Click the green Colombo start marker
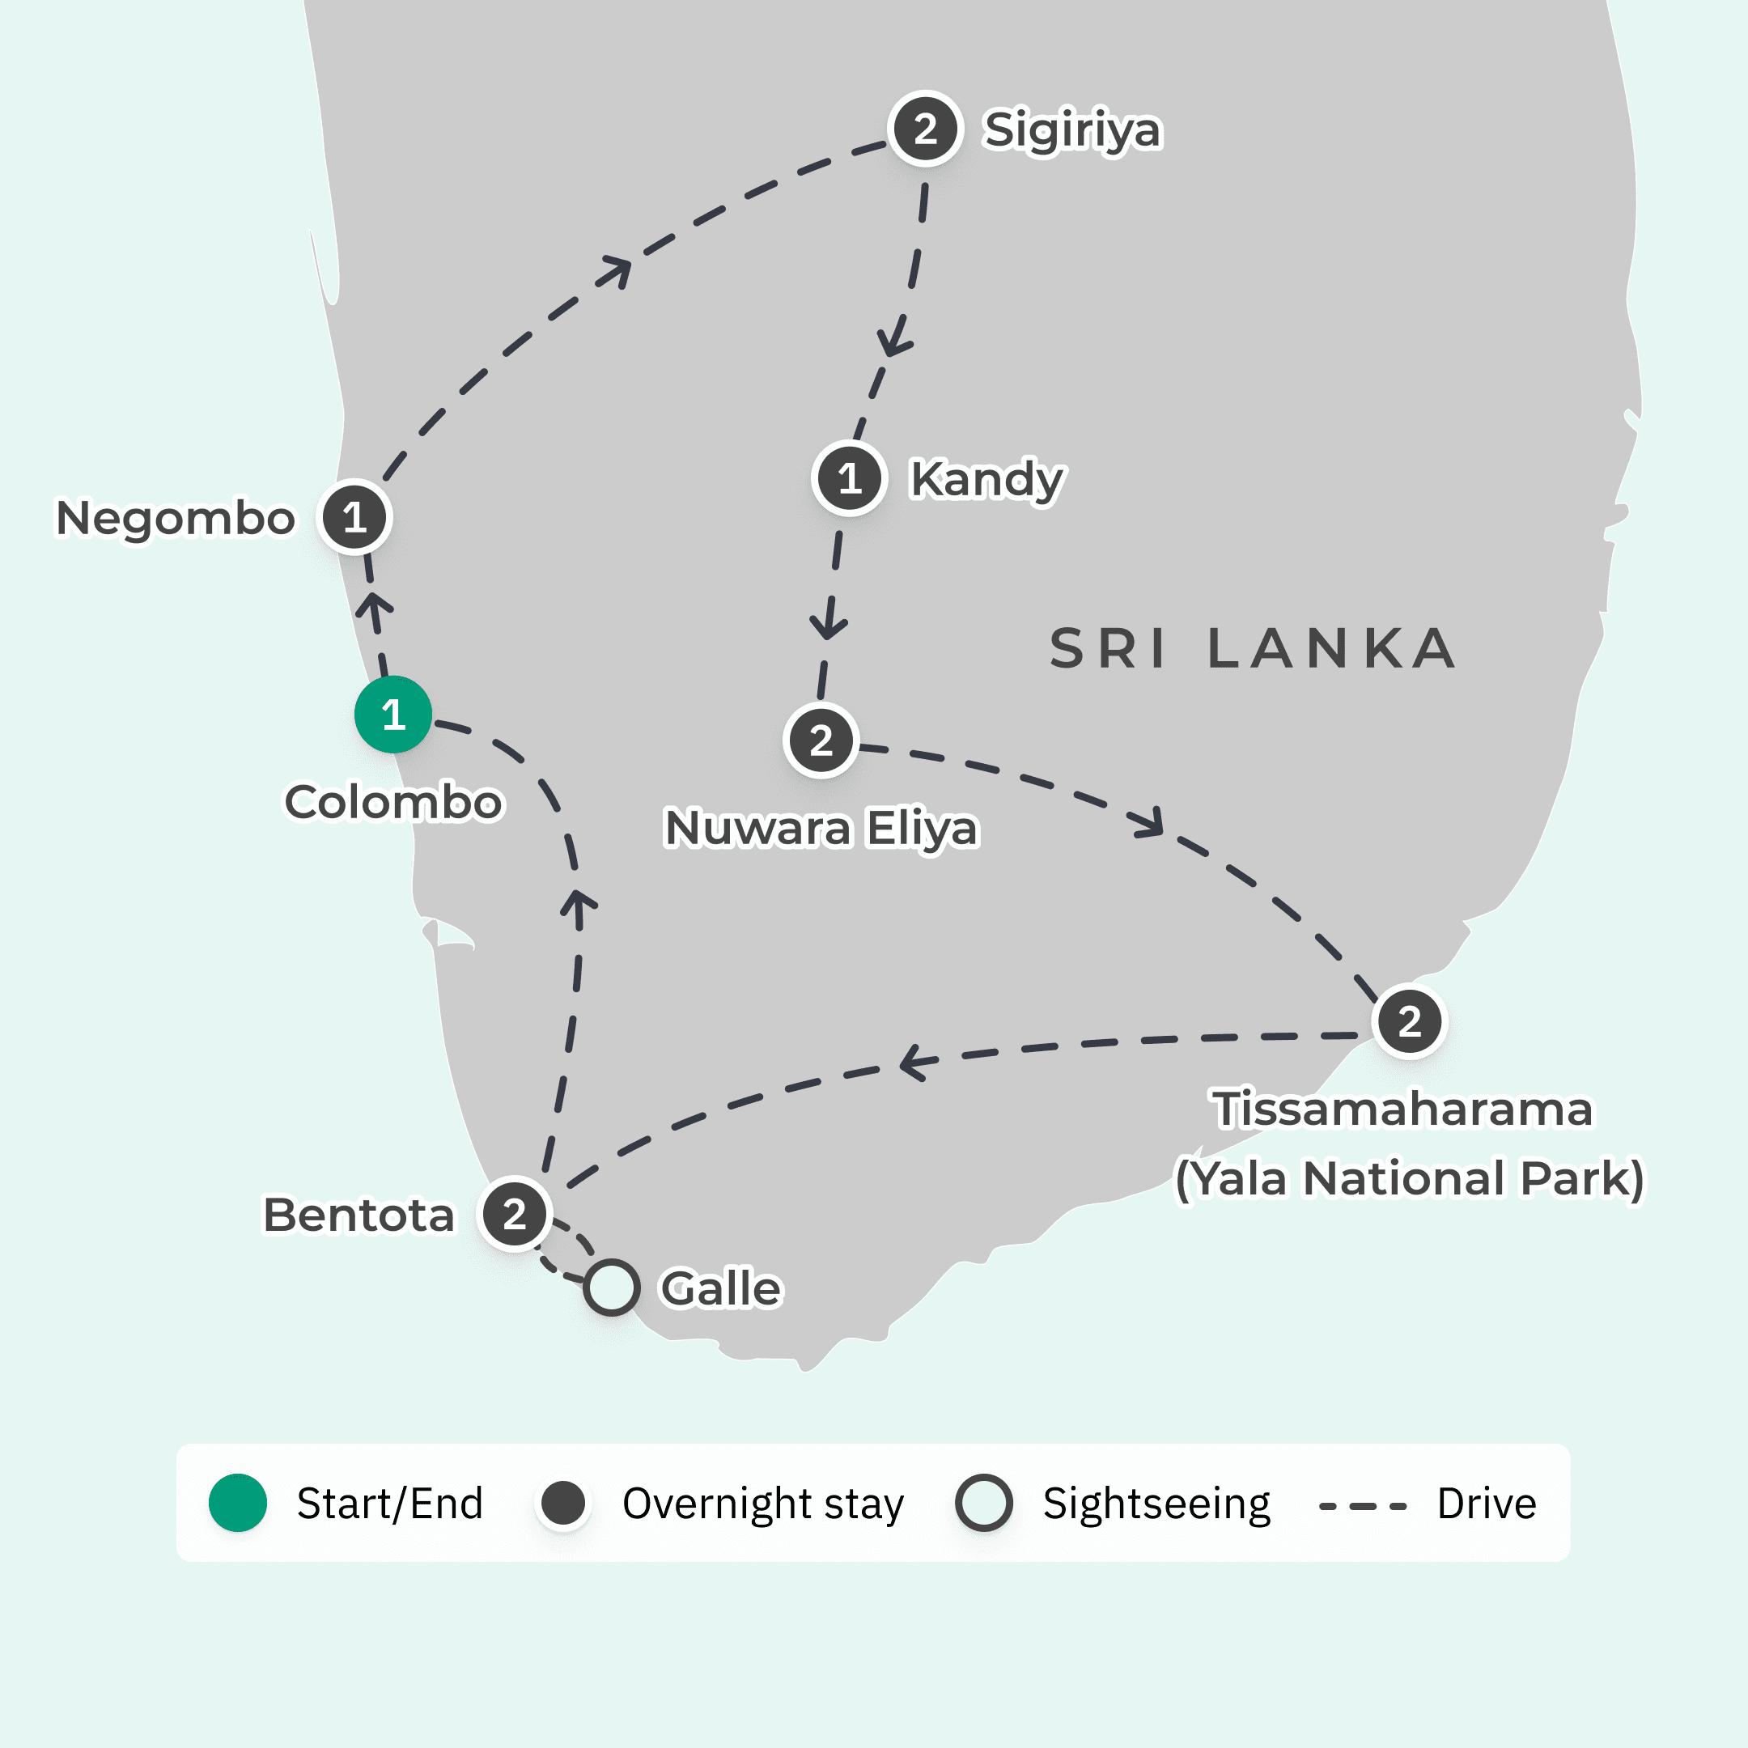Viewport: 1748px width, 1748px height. tap(392, 715)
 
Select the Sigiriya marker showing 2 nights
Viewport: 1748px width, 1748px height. tap(925, 129)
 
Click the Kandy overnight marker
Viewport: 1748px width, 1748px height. tap(849, 478)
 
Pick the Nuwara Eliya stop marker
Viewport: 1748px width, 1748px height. tap(821, 741)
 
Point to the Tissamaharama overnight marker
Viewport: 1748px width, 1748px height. tap(1410, 1021)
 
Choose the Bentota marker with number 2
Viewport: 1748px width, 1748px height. tap(515, 1214)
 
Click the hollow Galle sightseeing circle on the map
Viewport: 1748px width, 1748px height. tap(612, 1288)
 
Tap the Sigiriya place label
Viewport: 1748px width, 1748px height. tap(1072, 129)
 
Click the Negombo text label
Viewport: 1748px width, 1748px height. tap(176, 519)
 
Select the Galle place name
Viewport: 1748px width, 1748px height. tap(721, 1288)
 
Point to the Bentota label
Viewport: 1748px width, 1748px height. tap(359, 1214)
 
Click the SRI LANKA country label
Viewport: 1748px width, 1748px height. tap(1252, 649)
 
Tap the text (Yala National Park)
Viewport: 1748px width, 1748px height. tap(1409, 1179)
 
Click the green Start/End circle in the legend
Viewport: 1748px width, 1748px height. tap(238, 1503)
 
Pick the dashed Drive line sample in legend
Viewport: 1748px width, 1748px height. tap(1363, 1506)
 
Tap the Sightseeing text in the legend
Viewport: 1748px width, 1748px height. tap(1156, 1504)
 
